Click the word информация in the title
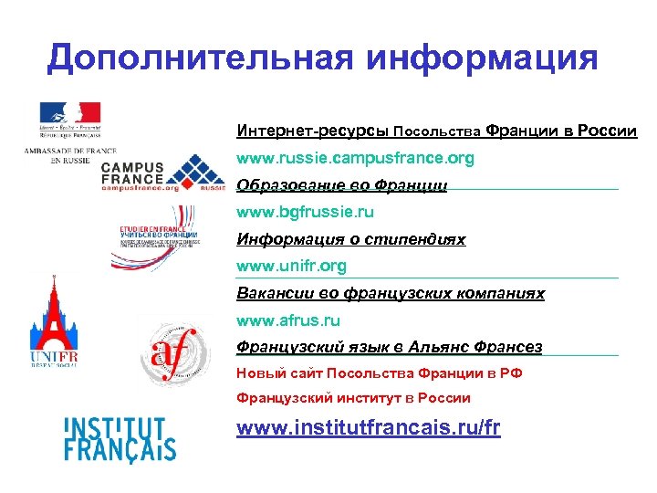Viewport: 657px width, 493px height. click(484, 58)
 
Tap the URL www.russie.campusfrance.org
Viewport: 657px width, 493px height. click(355, 158)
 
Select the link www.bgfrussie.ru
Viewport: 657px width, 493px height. click(305, 212)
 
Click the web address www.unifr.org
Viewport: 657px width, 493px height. click(291, 267)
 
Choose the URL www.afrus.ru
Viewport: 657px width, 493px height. click(287, 320)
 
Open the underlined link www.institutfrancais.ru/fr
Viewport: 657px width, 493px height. click(368, 427)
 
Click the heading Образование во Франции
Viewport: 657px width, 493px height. click(341, 185)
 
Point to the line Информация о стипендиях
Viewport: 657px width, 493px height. click(350, 239)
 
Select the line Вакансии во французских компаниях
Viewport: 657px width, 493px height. click(390, 294)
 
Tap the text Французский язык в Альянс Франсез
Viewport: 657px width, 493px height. click(389, 347)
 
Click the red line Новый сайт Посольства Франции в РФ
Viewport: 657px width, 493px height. click(379, 372)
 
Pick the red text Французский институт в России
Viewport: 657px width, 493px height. click(353, 398)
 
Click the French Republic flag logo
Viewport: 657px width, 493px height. click(69, 115)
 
